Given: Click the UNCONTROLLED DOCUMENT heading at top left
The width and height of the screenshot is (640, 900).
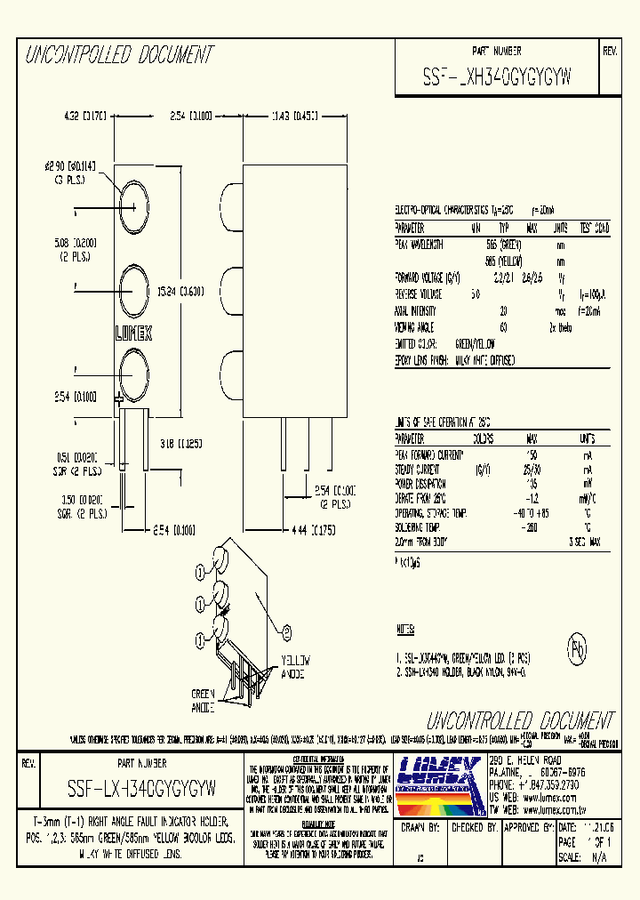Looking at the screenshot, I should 120,56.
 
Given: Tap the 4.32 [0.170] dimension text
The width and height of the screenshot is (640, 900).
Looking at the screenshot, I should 85,116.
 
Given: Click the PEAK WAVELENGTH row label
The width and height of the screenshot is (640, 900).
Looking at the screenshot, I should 425,244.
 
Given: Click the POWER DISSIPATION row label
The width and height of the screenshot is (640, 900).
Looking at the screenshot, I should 425,483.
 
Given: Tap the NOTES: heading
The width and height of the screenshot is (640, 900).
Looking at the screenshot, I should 404,628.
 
